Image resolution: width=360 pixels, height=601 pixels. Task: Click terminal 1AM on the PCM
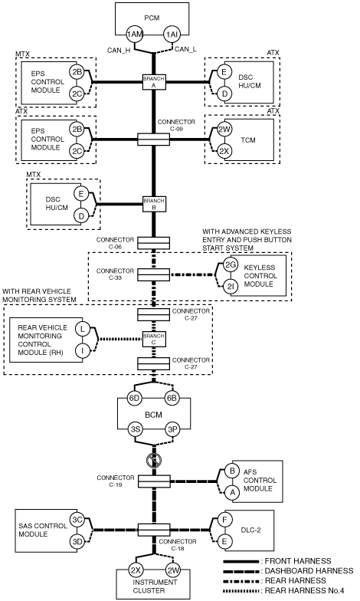[x=135, y=34]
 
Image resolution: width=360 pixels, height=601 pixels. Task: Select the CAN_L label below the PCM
[x=185, y=49]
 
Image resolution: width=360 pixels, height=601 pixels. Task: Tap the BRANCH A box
[x=153, y=82]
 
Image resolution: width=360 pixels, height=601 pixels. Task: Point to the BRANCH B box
[x=153, y=204]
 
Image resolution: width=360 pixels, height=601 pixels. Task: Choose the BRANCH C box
[x=153, y=339]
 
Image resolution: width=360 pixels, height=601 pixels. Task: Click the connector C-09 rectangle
[x=153, y=140]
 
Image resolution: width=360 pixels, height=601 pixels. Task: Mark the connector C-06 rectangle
[x=153, y=243]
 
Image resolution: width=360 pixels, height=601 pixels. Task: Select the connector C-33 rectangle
[x=153, y=274]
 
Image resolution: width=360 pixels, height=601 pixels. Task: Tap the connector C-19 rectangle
[x=154, y=481]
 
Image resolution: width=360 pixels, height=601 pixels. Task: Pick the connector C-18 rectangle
[x=154, y=530]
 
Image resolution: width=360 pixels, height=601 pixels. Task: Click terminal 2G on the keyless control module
[x=231, y=265]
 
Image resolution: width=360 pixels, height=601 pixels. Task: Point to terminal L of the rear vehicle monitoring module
[x=83, y=329]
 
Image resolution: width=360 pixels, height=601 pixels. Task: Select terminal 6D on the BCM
[x=135, y=399]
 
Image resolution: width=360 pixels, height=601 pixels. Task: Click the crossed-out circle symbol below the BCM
[x=154, y=460]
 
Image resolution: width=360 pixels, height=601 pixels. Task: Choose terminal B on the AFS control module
[x=231, y=471]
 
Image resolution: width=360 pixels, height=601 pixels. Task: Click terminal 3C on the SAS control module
[x=77, y=520]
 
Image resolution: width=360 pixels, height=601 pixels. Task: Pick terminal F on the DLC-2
[x=224, y=520]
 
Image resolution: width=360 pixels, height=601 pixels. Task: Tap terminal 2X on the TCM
[x=224, y=151]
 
